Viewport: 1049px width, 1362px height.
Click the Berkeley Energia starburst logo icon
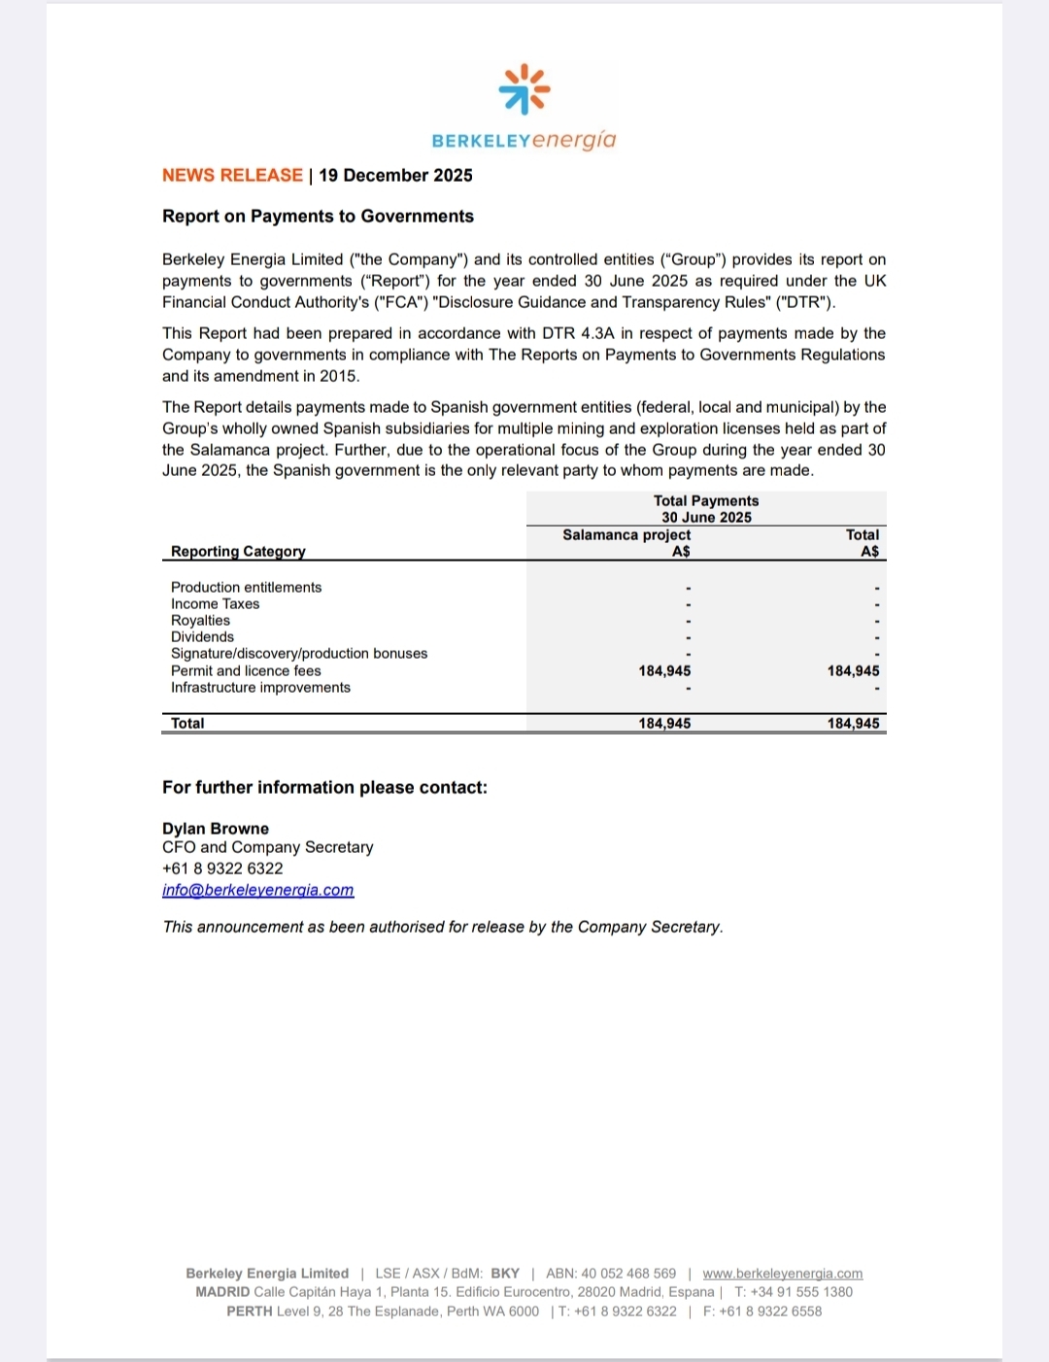click(x=524, y=89)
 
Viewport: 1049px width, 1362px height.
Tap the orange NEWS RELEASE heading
click(x=232, y=176)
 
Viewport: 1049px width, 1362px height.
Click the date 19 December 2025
click(x=395, y=176)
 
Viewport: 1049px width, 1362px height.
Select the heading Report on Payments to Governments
click(x=318, y=217)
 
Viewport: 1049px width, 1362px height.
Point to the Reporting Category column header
click(x=238, y=552)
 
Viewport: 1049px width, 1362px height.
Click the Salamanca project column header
click(x=626, y=535)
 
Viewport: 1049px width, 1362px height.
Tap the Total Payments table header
click(x=706, y=501)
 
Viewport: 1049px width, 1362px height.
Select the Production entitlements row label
click(x=246, y=588)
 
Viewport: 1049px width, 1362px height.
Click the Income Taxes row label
click(x=215, y=604)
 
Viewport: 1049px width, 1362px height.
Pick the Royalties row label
click(x=200, y=621)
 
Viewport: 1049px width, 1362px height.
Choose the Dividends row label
click(x=202, y=637)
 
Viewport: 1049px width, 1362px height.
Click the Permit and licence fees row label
click(x=246, y=671)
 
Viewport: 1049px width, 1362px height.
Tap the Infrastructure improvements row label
click(x=260, y=688)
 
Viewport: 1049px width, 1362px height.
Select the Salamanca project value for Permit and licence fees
click(x=664, y=671)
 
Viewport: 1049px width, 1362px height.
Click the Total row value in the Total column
click(x=853, y=724)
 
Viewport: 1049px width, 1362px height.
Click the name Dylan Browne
click(x=216, y=829)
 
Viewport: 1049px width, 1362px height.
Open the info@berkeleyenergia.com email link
click(x=257, y=891)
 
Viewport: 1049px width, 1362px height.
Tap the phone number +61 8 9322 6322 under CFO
click(x=222, y=869)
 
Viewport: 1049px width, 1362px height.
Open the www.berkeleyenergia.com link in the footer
click(x=782, y=1274)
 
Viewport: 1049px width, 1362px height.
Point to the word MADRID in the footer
click(x=222, y=1292)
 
